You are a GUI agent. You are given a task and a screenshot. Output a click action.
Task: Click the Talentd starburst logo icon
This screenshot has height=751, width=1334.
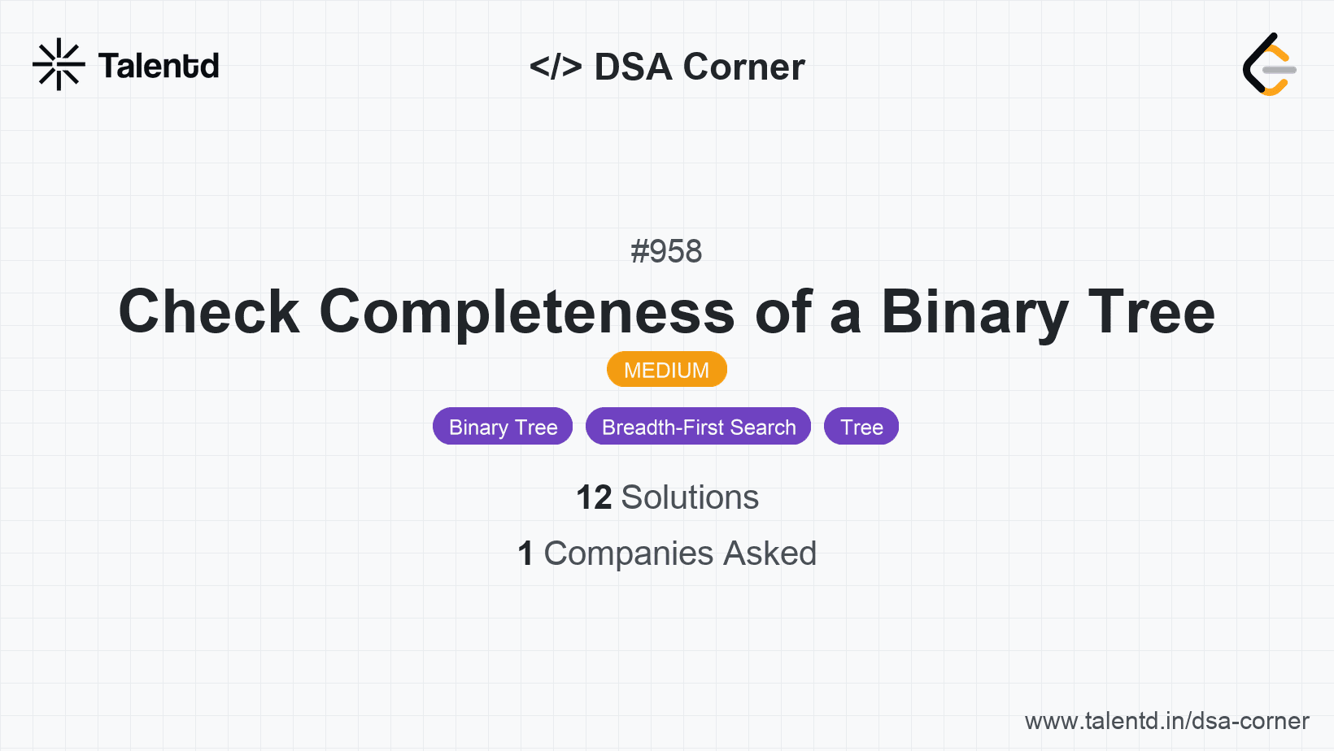(59, 64)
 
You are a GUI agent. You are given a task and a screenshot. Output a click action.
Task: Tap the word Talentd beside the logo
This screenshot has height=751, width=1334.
(159, 66)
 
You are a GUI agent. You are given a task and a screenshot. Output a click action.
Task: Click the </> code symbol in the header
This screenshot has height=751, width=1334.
(556, 67)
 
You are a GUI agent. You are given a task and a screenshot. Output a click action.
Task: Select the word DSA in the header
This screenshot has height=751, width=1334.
(633, 67)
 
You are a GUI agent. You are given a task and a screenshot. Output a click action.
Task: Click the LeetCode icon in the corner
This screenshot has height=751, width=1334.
(1270, 65)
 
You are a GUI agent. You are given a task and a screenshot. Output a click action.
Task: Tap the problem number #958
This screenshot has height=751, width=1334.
(666, 251)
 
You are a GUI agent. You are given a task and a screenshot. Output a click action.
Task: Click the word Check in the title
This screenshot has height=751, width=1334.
(209, 312)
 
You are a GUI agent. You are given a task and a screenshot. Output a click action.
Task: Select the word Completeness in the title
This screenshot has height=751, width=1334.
(527, 312)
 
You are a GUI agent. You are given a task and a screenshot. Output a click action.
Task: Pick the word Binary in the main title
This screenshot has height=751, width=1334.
(974, 312)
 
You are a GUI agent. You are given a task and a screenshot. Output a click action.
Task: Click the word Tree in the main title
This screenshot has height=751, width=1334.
(1152, 312)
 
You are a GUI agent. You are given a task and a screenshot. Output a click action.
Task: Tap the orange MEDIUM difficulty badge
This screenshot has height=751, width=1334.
(666, 370)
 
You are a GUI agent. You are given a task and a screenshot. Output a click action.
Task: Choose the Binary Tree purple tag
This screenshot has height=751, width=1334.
(503, 427)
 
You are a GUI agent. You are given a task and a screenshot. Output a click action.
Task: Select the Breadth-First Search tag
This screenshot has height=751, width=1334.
(698, 427)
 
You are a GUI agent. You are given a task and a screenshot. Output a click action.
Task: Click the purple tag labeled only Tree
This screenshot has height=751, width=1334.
(861, 427)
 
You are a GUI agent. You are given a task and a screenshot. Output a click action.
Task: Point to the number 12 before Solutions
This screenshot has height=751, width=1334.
(593, 497)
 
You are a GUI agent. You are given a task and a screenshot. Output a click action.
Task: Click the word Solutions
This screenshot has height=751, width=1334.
(690, 497)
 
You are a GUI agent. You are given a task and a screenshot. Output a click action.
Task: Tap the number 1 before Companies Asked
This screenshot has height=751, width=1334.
(525, 553)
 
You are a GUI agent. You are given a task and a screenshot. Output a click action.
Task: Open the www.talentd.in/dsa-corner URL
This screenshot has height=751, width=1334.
(1166, 721)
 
